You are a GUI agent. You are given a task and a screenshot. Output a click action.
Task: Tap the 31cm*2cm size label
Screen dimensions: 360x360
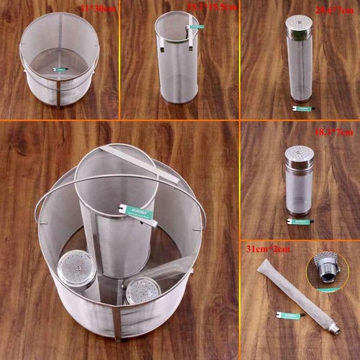click(x=263, y=249)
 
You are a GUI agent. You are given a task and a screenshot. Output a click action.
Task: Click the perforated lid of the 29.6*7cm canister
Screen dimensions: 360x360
click(x=299, y=23)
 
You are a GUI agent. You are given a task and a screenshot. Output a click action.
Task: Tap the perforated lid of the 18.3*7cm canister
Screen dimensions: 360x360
click(x=299, y=153)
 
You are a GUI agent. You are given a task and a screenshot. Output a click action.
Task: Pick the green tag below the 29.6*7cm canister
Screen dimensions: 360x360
click(x=302, y=108)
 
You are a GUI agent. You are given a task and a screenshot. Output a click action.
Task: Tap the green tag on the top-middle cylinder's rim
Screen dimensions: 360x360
click(x=195, y=27)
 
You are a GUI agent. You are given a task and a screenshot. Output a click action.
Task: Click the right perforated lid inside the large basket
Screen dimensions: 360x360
click(x=143, y=289)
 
